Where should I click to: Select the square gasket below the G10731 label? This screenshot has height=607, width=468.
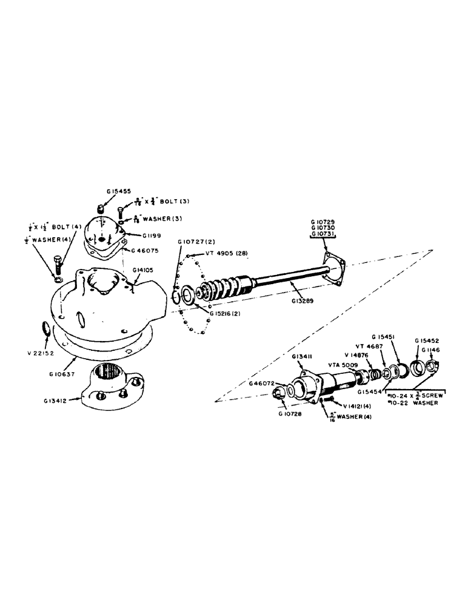tap(333, 268)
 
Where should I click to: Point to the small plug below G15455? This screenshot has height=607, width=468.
tap(102, 209)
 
